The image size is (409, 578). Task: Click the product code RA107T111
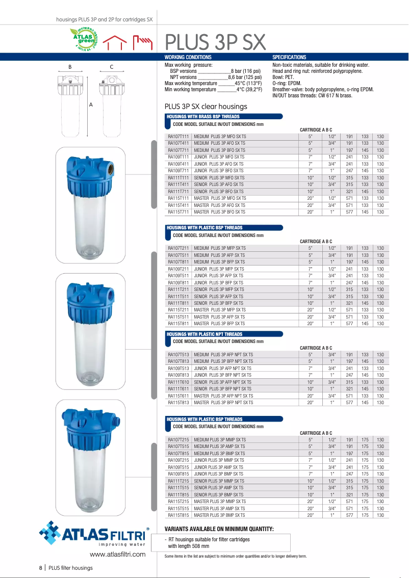[178, 137]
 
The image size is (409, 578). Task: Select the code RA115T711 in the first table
[178, 212]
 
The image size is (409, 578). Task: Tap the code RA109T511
[178, 276]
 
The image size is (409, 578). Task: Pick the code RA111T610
[178, 382]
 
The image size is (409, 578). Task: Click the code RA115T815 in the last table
[178, 516]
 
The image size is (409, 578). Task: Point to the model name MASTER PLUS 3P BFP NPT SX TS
[223, 403]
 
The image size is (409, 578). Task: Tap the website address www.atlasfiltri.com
[118, 555]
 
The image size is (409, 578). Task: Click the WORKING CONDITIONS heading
[188, 58]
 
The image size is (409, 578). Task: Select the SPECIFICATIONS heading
[289, 58]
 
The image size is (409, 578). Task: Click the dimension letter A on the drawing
[91, 104]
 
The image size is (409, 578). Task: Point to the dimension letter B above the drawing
[70, 67]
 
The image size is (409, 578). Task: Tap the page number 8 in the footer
[41, 568]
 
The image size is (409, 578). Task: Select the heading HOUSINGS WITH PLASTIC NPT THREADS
[205, 334]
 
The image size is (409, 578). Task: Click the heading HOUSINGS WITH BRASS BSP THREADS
[202, 117]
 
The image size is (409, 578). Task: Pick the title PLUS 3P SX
[215, 41]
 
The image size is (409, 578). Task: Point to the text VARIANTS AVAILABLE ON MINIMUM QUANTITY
[219, 529]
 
